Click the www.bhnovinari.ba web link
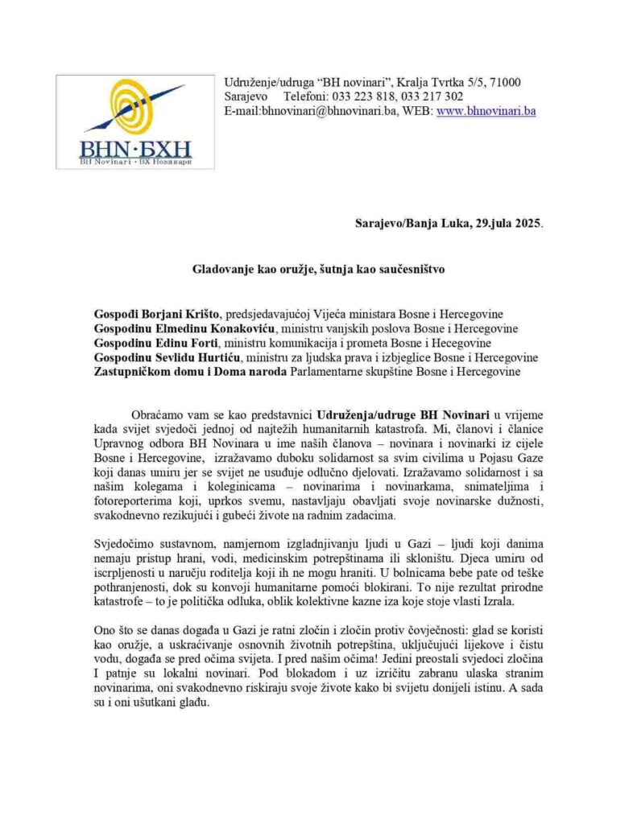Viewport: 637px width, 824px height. (486, 111)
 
